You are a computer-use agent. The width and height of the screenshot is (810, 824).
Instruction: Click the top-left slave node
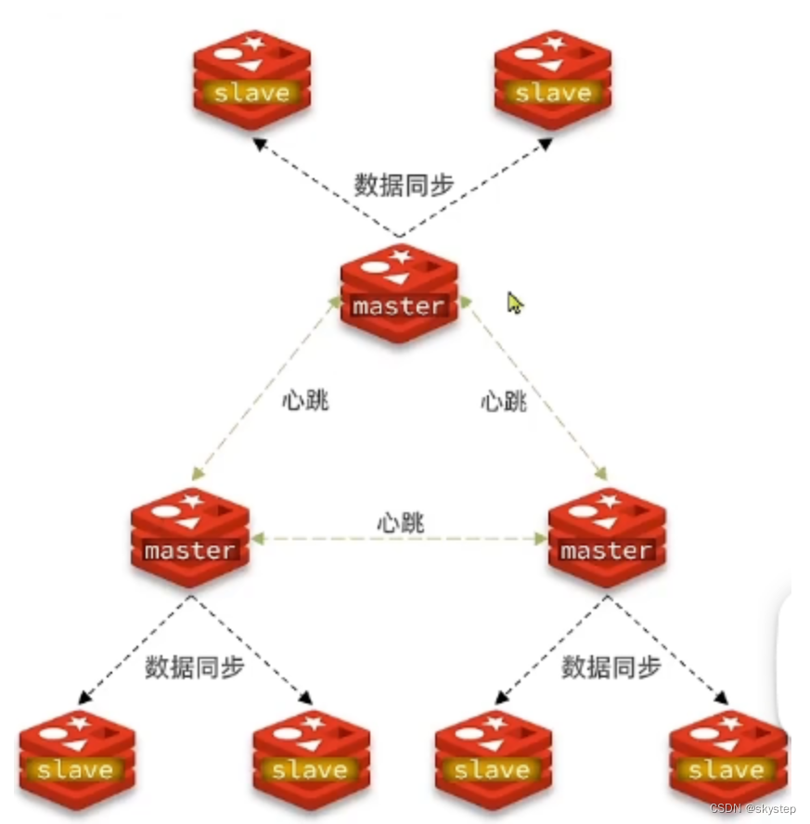click(252, 78)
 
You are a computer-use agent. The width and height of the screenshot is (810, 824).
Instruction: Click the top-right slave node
click(553, 78)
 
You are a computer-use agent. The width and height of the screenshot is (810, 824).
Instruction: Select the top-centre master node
click(399, 292)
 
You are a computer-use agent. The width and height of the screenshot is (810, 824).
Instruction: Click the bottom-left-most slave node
click(77, 755)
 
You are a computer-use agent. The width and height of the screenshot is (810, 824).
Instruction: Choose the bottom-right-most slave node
click(726, 755)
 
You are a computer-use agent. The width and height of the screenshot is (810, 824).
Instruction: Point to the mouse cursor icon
click(515, 303)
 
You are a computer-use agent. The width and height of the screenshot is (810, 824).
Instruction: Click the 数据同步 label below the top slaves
click(405, 185)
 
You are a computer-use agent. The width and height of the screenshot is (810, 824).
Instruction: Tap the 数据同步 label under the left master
click(195, 667)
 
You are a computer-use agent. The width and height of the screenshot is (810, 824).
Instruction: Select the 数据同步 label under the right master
click(611, 667)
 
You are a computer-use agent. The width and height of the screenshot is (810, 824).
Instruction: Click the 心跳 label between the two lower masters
click(400, 521)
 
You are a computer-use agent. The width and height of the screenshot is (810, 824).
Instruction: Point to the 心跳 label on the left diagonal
click(305, 402)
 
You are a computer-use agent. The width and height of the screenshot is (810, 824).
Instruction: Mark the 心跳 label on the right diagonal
click(504, 402)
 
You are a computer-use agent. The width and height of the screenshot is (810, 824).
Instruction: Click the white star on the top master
click(401, 255)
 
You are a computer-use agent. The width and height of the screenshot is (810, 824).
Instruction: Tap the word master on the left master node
click(190, 551)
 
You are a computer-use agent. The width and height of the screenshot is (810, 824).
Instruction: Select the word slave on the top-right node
click(553, 93)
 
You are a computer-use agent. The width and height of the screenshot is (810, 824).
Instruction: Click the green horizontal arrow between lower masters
click(398, 538)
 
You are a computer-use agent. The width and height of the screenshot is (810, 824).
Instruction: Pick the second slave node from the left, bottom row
click(310, 755)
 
